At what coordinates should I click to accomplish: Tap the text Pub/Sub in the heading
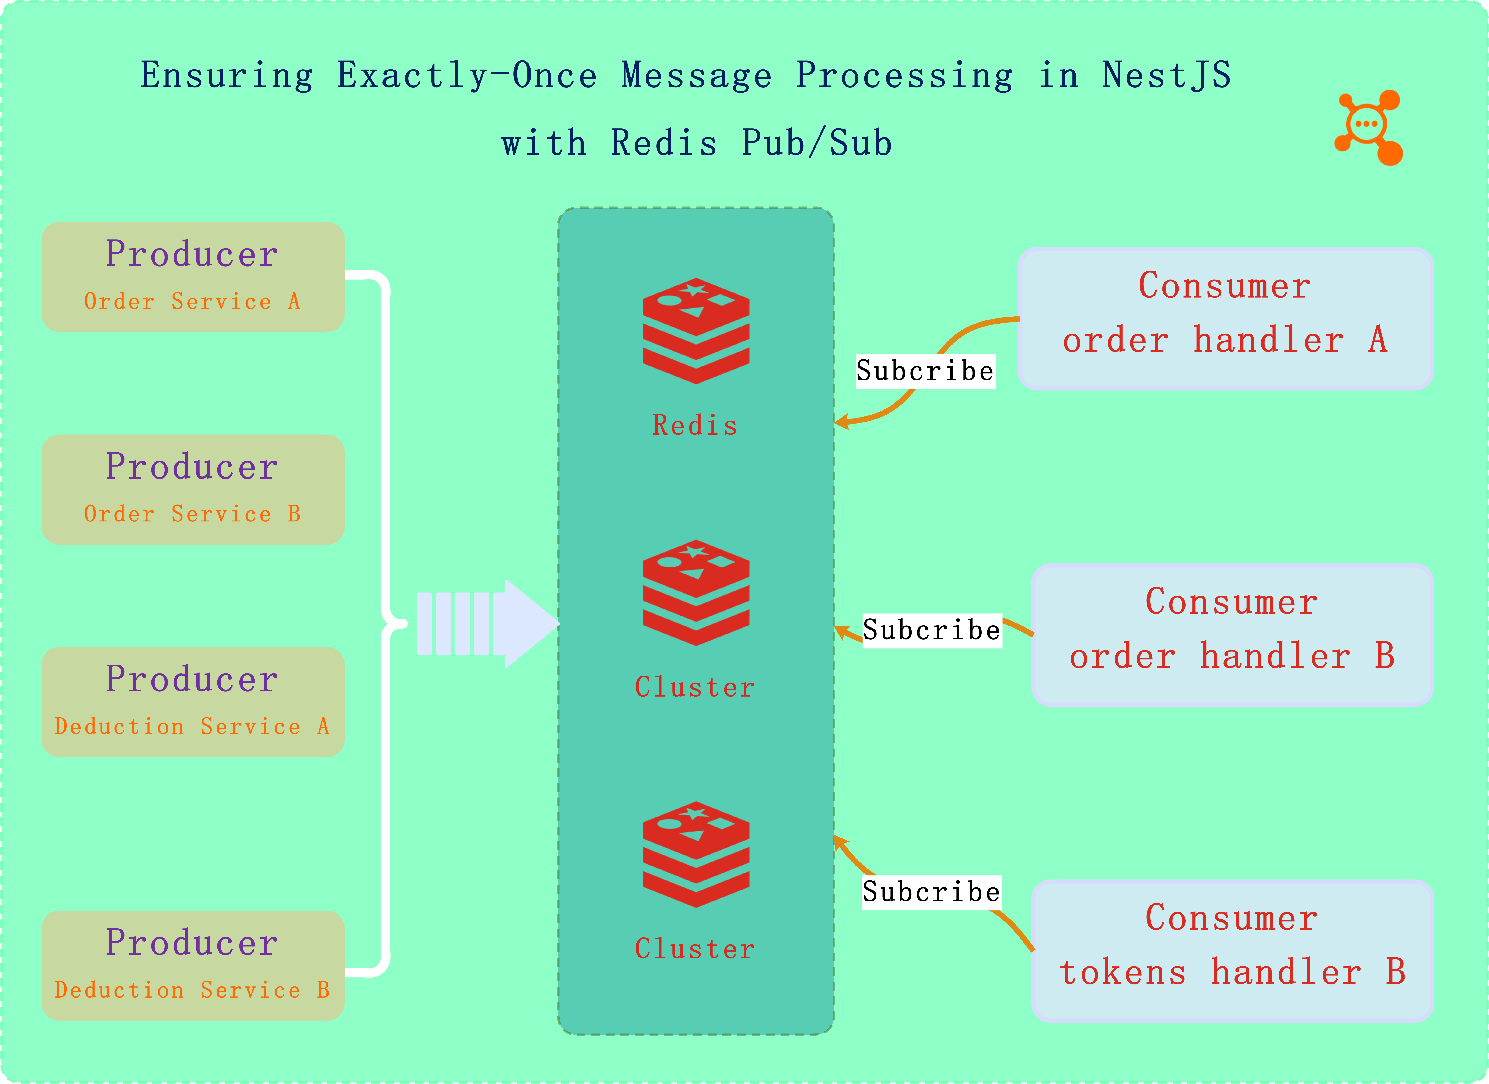click(817, 143)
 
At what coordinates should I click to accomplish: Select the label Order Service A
click(192, 301)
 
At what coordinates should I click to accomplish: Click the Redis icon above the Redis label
click(696, 330)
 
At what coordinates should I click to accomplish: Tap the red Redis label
click(695, 426)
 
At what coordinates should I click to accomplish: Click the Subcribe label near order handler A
click(925, 371)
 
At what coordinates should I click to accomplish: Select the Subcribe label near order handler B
click(932, 630)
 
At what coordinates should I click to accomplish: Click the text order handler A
click(1225, 340)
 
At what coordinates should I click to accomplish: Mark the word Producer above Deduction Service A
click(192, 679)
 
